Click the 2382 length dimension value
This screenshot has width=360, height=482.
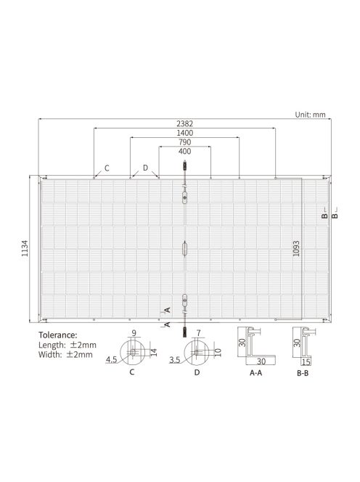pyautogui.click(x=184, y=123)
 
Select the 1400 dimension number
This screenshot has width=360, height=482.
pyautogui.click(x=184, y=133)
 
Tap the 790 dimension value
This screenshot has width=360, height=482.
pyautogui.click(x=184, y=142)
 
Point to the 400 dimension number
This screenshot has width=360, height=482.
pyautogui.click(x=184, y=152)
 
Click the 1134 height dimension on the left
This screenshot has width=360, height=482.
pyautogui.click(x=25, y=250)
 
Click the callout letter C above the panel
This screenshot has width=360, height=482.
pyautogui.click(x=107, y=168)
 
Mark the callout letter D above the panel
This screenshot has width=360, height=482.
pyautogui.click(x=145, y=168)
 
